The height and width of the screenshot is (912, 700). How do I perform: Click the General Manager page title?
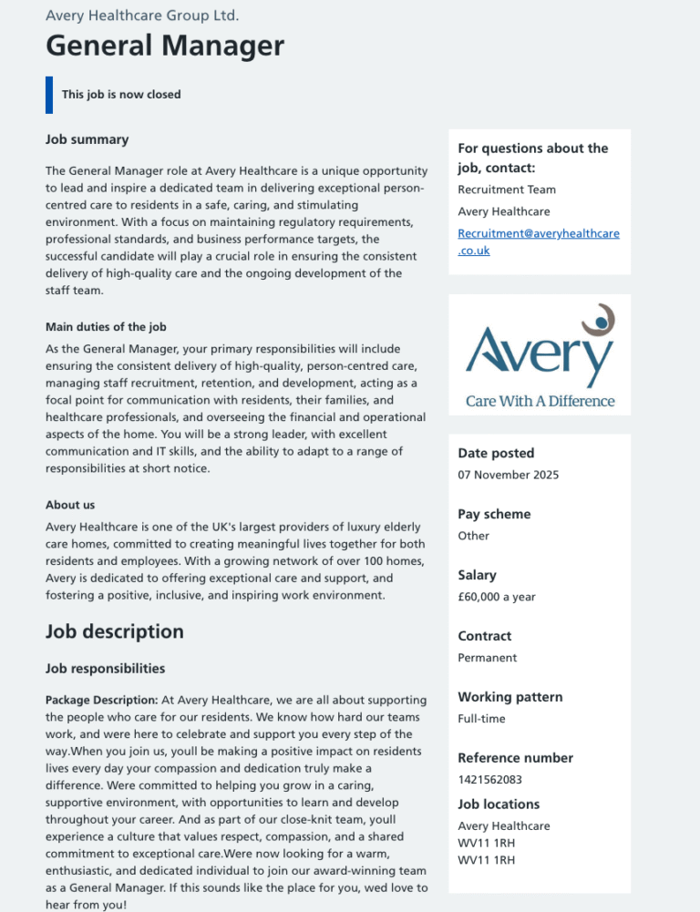(165, 46)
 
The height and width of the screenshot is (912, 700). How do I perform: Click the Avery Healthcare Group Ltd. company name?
(142, 15)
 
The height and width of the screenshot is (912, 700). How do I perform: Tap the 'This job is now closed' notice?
(121, 95)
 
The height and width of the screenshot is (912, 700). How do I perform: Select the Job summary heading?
(87, 139)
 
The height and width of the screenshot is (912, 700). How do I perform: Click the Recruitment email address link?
(538, 241)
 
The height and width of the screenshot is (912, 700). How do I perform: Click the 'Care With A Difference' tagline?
(540, 401)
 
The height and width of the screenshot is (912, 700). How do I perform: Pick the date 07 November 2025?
(508, 475)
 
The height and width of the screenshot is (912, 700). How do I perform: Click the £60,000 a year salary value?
(496, 597)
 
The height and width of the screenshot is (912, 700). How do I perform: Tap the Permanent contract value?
(487, 658)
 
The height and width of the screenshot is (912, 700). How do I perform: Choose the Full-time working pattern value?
(481, 719)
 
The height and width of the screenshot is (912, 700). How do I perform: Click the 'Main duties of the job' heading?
(106, 327)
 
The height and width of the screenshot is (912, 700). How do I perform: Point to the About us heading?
(70, 505)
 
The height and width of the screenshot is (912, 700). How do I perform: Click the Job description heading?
(115, 631)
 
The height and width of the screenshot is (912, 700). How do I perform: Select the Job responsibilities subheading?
(106, 669)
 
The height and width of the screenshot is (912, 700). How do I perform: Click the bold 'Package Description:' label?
(102, 700)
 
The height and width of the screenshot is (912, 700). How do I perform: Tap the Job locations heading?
(499, 804)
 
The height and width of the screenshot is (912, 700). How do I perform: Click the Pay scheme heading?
(494, 514)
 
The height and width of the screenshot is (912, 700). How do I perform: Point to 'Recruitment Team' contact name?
(507, 190)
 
